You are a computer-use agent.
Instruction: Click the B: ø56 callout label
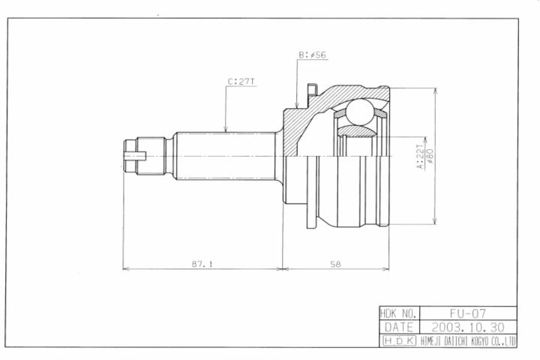(x=312, y=55)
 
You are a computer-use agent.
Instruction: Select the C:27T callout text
(x=241, y=82)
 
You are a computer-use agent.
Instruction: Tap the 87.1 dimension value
(x=202, y=264)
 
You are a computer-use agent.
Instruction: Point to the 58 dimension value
(x=335, y=264)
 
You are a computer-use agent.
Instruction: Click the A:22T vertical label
(x=421, y=157)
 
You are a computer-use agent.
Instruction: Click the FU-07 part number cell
(x=468, y=313)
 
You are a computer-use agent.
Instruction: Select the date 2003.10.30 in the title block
(x=468, y=326)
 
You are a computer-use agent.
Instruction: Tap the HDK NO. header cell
(x=399, y=313)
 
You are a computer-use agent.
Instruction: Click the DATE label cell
(x=399, y=326)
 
